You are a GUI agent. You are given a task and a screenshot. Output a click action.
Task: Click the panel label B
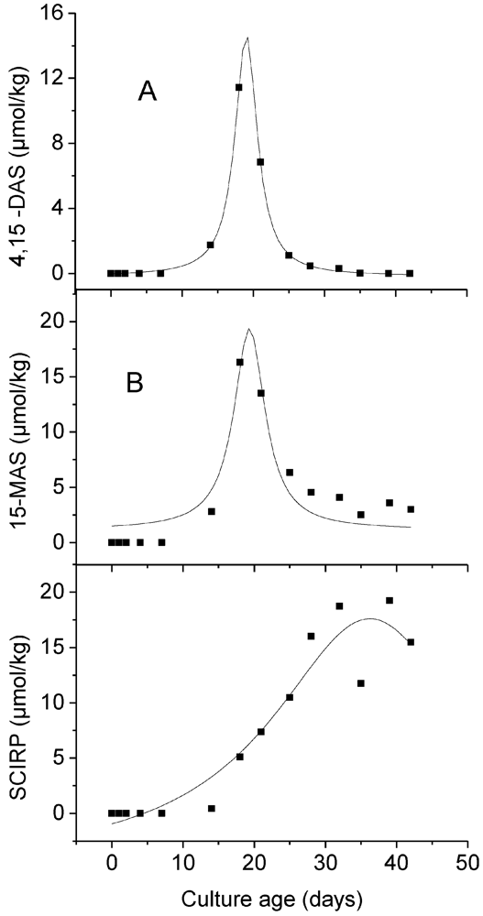coord(135,383)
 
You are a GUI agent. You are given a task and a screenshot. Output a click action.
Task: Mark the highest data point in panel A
coord(239,87)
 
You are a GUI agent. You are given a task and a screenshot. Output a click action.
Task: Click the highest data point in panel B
coord(239,362)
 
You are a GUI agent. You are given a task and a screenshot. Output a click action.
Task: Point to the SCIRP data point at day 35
coord(361,683)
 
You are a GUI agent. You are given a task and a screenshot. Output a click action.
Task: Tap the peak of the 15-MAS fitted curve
coord(248,329)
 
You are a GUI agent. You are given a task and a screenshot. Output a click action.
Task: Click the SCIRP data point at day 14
coord(211,808)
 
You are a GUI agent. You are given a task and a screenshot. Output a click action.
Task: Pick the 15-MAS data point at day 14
coord(211,511)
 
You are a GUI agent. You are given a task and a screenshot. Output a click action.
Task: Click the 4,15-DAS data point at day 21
coord(260,162)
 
